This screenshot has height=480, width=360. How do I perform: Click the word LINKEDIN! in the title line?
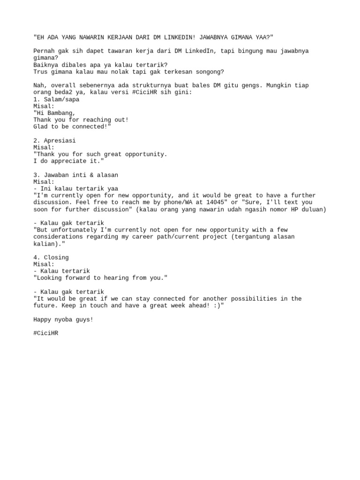tap(174, 37)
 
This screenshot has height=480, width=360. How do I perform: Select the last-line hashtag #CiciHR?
tap(46, 333)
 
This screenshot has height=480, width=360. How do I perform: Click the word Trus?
tap(41, 72)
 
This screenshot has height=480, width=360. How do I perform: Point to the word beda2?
tap(65, 92)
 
